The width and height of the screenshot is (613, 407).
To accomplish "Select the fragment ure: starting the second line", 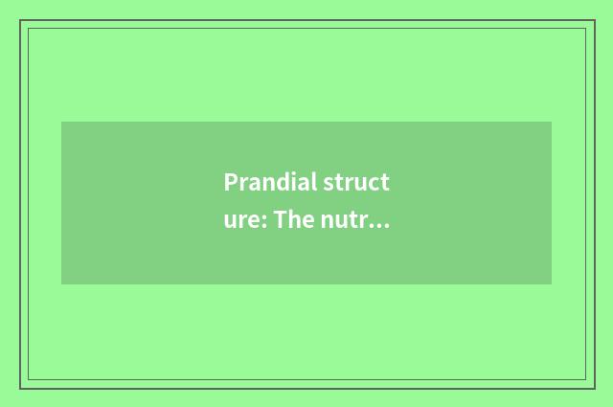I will click(245, 221).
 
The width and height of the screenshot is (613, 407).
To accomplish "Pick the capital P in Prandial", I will click(231, 183).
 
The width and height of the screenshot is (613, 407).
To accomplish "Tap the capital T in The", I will click(281, 221).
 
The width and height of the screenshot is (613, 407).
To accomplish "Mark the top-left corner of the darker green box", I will click(61, 122).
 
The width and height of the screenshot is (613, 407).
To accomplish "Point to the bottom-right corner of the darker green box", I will click(552, 284).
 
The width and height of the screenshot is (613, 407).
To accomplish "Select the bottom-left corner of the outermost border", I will click(20, 388).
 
